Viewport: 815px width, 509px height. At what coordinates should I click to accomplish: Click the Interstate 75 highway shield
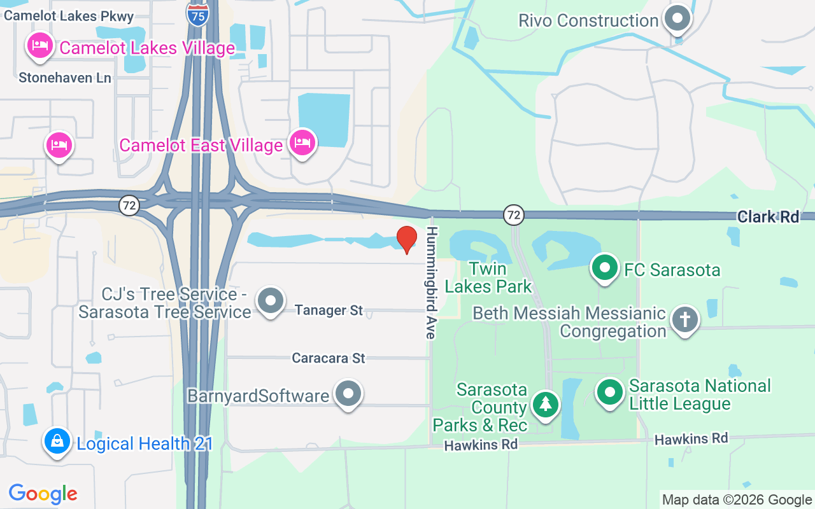click(x=198, y=15)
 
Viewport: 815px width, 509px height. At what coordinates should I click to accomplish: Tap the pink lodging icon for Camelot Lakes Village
click(x=39, y=46)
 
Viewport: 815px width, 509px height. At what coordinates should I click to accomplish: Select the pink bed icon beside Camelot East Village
click(x=301, y=143)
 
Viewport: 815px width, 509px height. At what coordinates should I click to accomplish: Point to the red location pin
click(x=406, y=240)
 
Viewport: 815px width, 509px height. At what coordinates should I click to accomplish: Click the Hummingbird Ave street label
click(x=431, y=282)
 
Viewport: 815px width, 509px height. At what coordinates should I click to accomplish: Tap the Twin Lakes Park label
click(x=488, y=277)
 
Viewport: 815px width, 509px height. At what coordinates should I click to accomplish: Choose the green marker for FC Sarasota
click(x=604, y=268)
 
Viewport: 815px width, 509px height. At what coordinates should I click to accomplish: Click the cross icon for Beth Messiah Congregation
click(x=684, y=320)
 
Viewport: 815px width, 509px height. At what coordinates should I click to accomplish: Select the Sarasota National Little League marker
click(x=610, y=393)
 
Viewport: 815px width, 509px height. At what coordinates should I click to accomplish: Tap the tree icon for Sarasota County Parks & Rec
click(x=544, y=405)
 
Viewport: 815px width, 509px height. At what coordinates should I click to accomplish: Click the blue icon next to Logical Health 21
click(x=57, y=441)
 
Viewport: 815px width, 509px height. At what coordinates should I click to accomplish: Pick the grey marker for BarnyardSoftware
click(x=348, y=394)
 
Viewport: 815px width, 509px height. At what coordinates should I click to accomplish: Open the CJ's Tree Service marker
click(x=271, y=300)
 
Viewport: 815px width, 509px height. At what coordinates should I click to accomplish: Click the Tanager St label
click(x=329, y=310)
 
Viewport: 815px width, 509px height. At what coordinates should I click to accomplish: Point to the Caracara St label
click(x=329, y=358)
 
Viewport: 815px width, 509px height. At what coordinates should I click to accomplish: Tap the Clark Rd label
click(x=768, y=217)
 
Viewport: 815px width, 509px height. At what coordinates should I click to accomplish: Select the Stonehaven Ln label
click(x=65, y=78)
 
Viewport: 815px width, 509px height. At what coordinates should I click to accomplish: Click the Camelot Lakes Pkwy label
click(x=69, y=17)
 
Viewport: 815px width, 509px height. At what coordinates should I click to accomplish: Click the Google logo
click(x=43, y=494)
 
